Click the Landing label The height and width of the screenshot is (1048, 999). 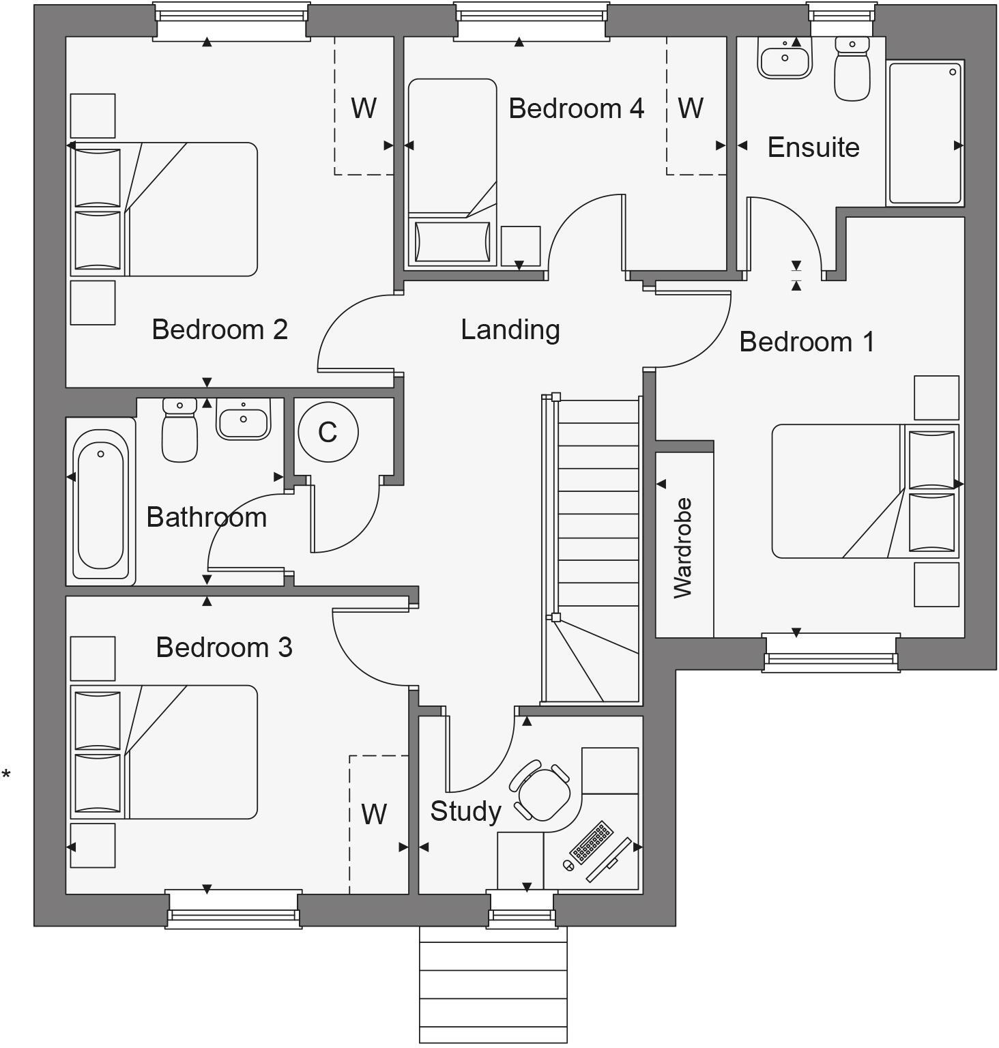(510, 330)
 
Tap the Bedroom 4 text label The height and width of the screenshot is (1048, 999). (576, 108)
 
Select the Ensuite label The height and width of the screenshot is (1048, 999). (813, 147)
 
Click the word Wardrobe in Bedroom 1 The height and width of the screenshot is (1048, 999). (683, 548)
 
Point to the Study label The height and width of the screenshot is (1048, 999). (465, 811)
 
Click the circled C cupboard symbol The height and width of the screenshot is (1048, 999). (328, 432)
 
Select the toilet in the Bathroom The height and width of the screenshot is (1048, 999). (179, 431)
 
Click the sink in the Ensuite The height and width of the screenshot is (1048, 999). (785, 57)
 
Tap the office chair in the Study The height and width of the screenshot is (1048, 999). (543, 791)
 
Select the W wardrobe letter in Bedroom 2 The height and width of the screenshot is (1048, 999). (364, 108)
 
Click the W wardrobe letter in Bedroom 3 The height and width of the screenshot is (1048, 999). (374, 813)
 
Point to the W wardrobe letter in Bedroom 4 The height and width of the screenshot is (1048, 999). (691, 108)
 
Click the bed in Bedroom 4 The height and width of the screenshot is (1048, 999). (452, 171)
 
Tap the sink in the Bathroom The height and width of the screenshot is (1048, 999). (243, 419)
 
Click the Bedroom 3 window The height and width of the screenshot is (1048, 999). (233, 908)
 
